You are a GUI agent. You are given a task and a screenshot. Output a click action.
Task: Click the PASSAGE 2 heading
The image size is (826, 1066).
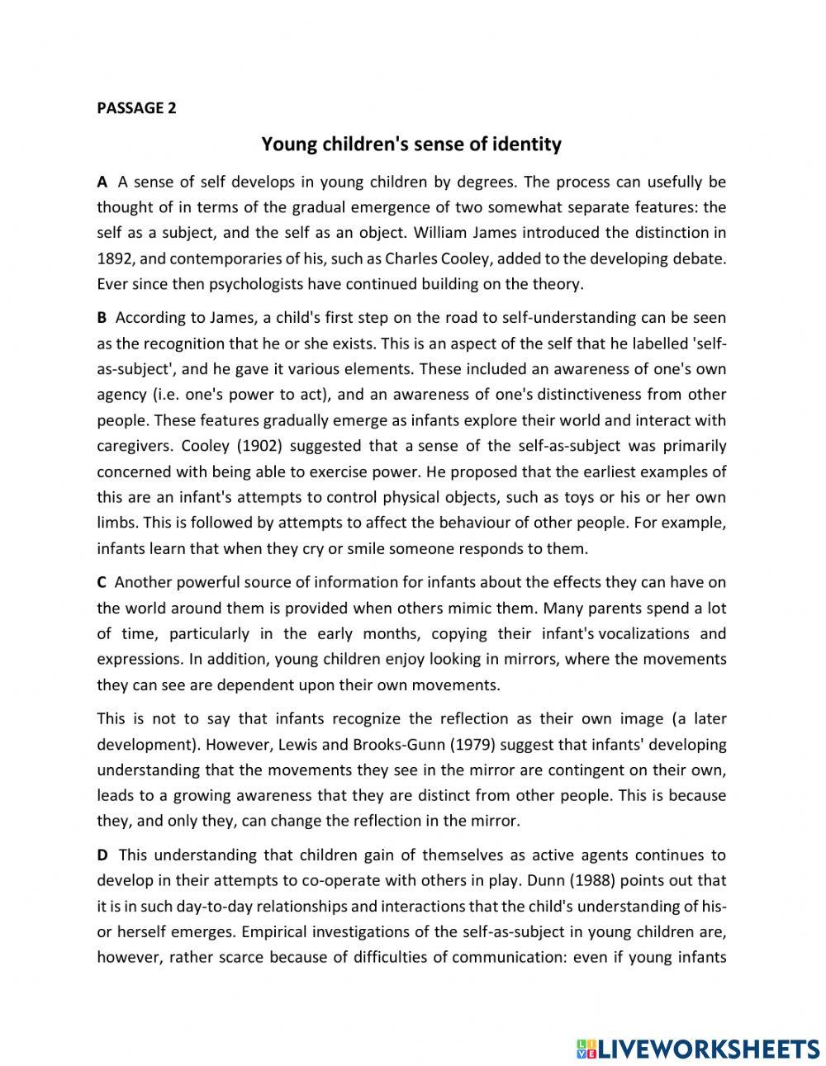point(136,107)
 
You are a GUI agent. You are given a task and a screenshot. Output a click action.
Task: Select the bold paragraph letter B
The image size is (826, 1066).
point(102,317)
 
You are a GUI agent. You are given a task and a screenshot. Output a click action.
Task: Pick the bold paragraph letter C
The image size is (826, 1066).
point(102,582)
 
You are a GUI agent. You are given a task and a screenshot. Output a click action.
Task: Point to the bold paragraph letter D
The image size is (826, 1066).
point(102,855)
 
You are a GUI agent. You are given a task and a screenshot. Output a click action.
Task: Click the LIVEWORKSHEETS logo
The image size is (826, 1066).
point(698,1026)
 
